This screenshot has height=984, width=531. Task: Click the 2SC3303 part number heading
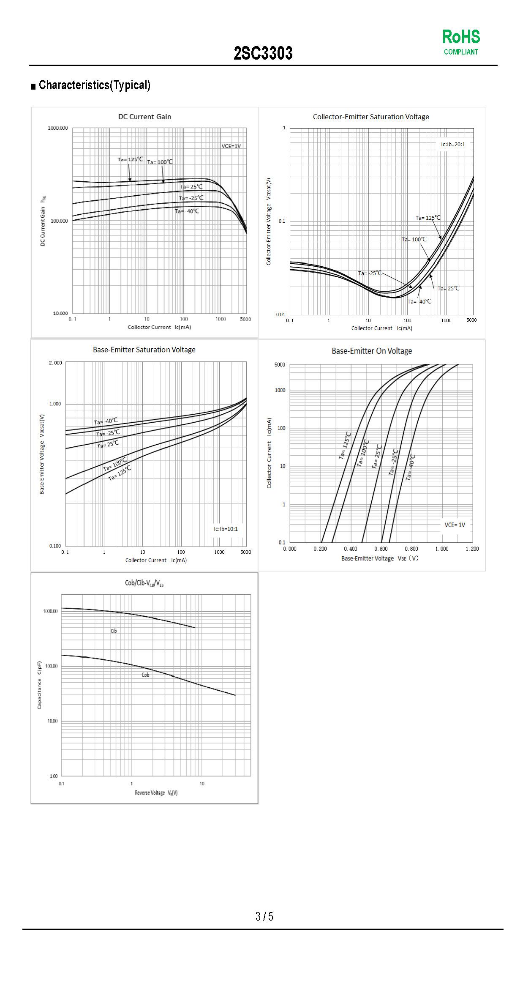(263, 53)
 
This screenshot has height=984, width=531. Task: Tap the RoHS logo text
(461, 37)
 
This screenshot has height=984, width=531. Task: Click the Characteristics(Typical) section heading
(94, 85)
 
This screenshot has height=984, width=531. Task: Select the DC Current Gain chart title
(144, 117)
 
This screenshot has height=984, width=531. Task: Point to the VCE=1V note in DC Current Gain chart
(231, 146)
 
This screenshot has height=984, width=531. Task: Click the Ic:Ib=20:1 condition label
(453, 144)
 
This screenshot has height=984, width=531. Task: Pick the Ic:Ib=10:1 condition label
(226, 529)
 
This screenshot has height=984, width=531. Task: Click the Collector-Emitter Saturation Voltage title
(370, 117)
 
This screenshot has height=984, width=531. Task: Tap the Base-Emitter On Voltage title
(371, 351)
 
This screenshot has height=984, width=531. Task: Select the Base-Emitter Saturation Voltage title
(144, 350)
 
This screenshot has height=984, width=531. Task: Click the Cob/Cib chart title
(144, 583)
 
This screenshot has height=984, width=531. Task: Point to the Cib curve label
(114, 631)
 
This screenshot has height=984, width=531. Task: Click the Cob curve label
(145, 675)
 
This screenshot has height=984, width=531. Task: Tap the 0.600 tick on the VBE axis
(381, 549)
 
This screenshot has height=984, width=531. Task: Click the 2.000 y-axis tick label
(55, 363)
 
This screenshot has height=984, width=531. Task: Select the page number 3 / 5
(264, 916)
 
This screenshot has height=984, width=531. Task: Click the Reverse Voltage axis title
(156, 793)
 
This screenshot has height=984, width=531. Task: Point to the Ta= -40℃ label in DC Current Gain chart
(187, 211)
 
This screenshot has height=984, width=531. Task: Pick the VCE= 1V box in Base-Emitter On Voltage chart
(455, 525)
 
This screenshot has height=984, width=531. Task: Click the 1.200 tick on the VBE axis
(472, 549)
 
